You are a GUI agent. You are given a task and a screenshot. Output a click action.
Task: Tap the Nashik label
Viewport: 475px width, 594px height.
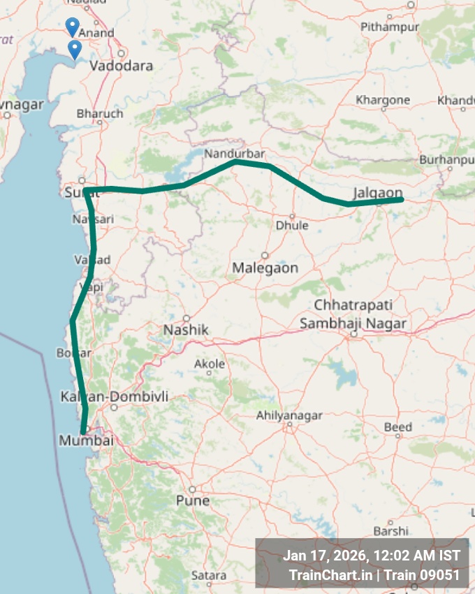click(x=186, y=330)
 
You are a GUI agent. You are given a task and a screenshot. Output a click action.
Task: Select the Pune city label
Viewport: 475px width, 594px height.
click(x=193, y=501)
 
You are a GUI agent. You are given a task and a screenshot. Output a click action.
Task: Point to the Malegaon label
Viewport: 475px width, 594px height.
click(x=265, y=268)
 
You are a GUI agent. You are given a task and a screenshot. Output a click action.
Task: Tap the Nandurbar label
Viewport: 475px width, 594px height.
click(x=227, y=153)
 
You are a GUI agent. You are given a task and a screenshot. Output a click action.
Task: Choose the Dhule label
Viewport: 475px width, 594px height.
click(x=292, y=226)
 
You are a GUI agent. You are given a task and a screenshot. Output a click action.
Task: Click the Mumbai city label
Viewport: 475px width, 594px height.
click(x=86, y=441)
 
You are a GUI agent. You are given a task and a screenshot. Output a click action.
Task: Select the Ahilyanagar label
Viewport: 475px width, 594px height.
click(x=289, y=416)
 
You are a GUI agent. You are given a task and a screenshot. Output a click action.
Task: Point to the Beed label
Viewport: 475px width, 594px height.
click(x=398, y=427)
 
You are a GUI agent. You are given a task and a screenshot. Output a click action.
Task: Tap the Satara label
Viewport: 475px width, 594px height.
click(x=209, y=575)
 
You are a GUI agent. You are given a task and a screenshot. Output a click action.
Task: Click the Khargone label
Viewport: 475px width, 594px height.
click(x=383, y=100)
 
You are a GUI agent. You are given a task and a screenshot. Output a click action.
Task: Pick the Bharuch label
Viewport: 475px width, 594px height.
click(x=100, y=113)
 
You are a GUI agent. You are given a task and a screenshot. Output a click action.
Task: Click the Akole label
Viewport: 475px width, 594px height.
click(x=210, y=364)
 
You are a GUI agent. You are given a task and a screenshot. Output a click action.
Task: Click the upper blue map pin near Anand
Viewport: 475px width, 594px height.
click(x=72, y=27)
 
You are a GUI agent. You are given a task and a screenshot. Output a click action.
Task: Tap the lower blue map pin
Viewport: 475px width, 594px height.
click(x=74, y=49)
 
